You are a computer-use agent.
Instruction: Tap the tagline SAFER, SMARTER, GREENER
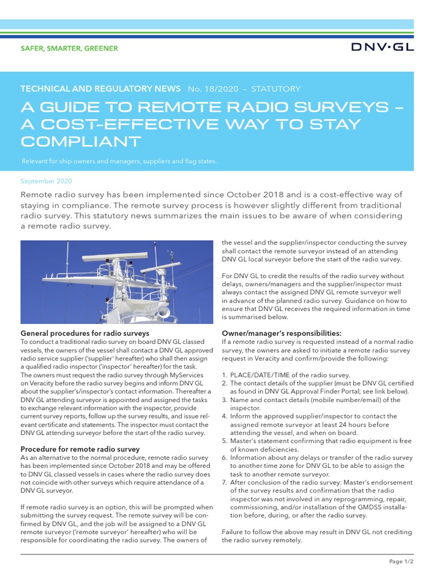[69, 49]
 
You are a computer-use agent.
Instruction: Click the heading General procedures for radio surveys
[85, 333]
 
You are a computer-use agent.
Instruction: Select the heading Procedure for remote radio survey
[80, 449]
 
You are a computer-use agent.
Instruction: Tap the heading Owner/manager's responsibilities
[282, 333]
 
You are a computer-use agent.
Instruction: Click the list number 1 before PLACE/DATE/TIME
[224, 375]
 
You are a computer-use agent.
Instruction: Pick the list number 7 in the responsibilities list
[224, 482]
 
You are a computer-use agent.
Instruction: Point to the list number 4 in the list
[224, 416]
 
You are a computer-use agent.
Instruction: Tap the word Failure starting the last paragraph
[233, 532]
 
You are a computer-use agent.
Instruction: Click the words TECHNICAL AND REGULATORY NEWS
[100, 89]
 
